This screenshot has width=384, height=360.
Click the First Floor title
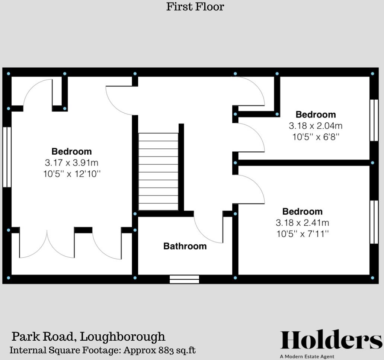[x=195, y=7]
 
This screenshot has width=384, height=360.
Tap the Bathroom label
[x=185, y=246]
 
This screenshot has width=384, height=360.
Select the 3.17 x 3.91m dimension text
[x=71, y=163]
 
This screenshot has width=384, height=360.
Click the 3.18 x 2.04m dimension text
[x=316, y=126]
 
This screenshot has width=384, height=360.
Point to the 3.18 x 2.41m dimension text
[x=302, y=223]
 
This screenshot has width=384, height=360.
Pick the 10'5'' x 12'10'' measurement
[x=71, y=174]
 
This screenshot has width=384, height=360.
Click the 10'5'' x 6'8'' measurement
[x=316, y=137]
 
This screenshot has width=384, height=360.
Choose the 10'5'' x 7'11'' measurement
[x=302, y=234]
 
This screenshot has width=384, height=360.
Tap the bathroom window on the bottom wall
[x=184, y=279]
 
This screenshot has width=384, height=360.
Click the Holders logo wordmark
[x=331, y=340]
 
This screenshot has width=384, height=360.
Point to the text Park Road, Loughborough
[x=89, y=337]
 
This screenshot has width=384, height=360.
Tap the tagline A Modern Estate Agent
[x=307, y=356]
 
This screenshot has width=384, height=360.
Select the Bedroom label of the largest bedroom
[x=71, y=151]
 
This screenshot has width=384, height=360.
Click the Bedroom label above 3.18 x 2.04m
[x=316, y=114]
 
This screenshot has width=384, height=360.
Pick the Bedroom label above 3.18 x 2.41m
[x=302, y=212]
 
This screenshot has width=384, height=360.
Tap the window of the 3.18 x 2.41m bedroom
[x=374, y=222]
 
